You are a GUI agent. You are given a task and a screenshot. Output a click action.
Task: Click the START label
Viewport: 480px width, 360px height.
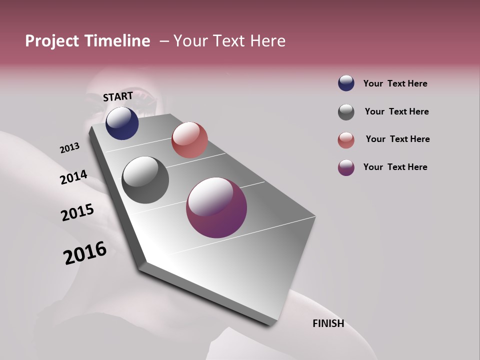coord(118,96)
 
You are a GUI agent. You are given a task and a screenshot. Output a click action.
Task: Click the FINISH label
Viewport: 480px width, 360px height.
coord(328,323)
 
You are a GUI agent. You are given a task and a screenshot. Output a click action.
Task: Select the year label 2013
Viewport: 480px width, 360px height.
coord(69,148)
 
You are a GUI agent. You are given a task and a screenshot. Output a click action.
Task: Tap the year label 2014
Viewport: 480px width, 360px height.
coord(73,177)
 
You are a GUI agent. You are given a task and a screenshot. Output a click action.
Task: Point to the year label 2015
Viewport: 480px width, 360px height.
coord(77,212)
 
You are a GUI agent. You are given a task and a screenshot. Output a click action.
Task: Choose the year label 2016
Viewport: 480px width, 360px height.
coord(85,253)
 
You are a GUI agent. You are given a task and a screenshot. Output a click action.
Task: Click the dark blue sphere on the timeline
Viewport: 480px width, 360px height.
coord(122,123)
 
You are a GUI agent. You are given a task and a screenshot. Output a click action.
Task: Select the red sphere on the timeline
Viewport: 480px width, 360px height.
coord(189,140)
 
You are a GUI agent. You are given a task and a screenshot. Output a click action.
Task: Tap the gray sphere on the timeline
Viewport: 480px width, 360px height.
coord(145,180)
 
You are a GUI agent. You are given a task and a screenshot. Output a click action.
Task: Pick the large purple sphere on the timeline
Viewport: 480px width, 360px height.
coord(216,207)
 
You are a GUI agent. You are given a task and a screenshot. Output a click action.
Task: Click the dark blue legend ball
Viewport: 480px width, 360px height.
coord(346,83)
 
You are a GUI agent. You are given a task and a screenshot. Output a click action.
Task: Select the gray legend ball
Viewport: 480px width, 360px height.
coord(346,112)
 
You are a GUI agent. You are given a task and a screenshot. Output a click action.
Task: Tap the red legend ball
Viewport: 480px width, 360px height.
coord(346,140)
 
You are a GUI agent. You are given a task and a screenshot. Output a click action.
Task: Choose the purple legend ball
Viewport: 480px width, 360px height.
coord(346,167)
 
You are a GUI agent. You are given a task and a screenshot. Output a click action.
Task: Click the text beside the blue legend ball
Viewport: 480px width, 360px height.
coord(395,83)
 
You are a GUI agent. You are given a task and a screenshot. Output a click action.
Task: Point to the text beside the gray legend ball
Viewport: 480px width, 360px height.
coord(396,111)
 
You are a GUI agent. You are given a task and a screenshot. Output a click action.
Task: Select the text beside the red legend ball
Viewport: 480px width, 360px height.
coord(397,139)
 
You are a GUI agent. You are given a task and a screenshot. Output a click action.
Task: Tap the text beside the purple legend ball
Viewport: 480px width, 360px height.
coord(395,167)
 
